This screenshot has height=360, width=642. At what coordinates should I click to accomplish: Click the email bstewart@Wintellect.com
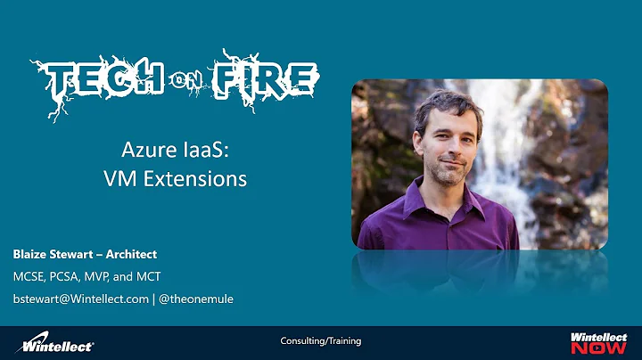point(80,299)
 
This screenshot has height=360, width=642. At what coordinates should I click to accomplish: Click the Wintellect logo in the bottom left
point(58,341)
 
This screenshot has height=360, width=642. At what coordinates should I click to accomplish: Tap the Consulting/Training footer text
point(321,341)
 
